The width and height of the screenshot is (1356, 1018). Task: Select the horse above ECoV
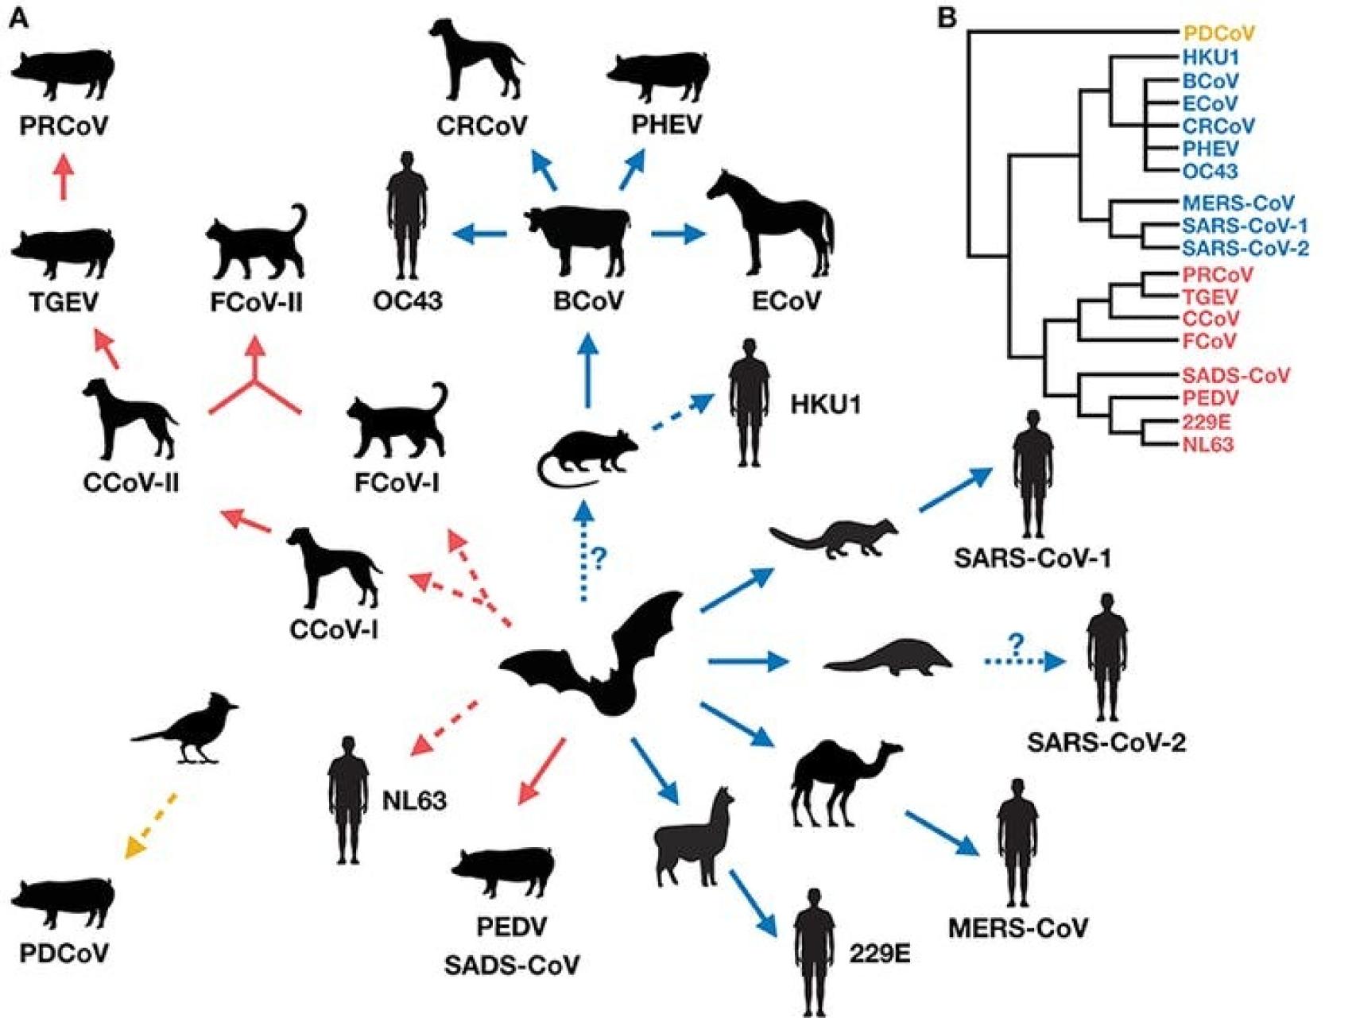tap(775, 226)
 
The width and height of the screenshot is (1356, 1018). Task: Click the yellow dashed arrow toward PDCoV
tap(151, 826)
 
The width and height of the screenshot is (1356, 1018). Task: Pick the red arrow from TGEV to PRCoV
tap(64, 176)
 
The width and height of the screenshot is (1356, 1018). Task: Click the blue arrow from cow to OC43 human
tap(479, 234)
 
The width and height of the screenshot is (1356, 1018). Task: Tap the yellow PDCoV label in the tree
tap(1218, 34)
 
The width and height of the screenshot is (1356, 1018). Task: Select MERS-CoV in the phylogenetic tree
tap(1238, 203)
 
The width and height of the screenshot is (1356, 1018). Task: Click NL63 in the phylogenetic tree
tap(1207, 445)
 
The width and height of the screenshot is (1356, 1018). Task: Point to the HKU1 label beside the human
tap(825, 405)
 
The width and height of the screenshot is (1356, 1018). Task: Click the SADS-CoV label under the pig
tap(511, 966)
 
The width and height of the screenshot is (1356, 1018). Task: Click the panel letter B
tap(947, 17)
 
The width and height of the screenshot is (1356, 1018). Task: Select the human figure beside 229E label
tap(814, 950)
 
